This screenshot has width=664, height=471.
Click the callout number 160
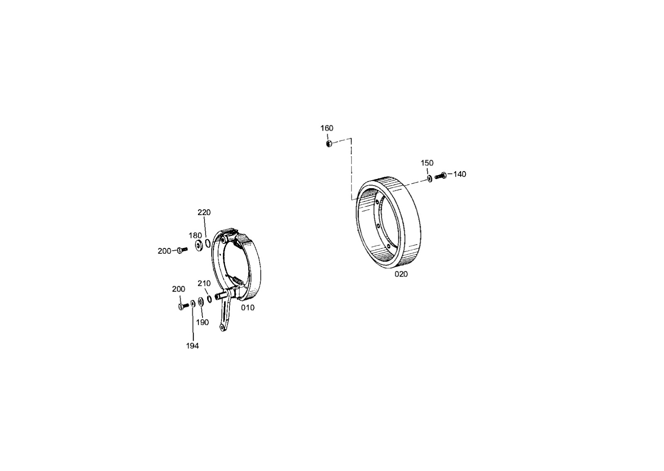coord(327,128)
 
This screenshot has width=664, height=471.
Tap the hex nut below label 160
coord(329,144)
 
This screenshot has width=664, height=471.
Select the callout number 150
coord(427,163)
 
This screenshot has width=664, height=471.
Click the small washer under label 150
coord(430,179)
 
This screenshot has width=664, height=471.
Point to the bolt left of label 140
coord(441,176)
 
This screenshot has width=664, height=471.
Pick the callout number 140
coord(460,174)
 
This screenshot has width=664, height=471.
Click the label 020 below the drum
coord(401,274)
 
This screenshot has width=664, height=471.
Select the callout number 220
coord(204,212)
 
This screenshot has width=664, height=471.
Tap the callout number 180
coord(195,235)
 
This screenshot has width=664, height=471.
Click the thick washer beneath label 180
coord(199,245)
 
